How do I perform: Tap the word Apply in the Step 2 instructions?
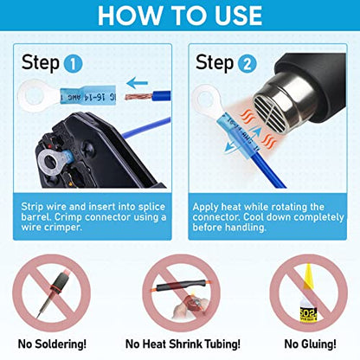[213, 209]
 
